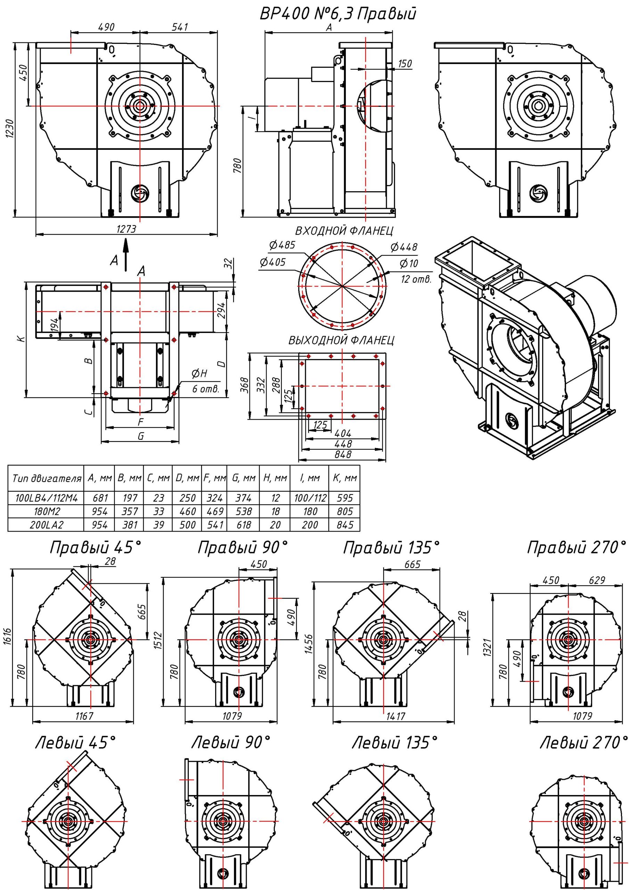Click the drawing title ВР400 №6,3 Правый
coord(337,14)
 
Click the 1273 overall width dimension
coord(126,229)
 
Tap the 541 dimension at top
coord(179,27)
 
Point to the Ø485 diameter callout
coord(282,245)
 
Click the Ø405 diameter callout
coord(272,262)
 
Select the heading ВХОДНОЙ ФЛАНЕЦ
coord(344,232)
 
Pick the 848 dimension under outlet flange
coord(343,454)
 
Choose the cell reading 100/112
coord(310,498)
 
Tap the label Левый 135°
coord(394,743)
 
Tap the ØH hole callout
coord(199,374)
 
